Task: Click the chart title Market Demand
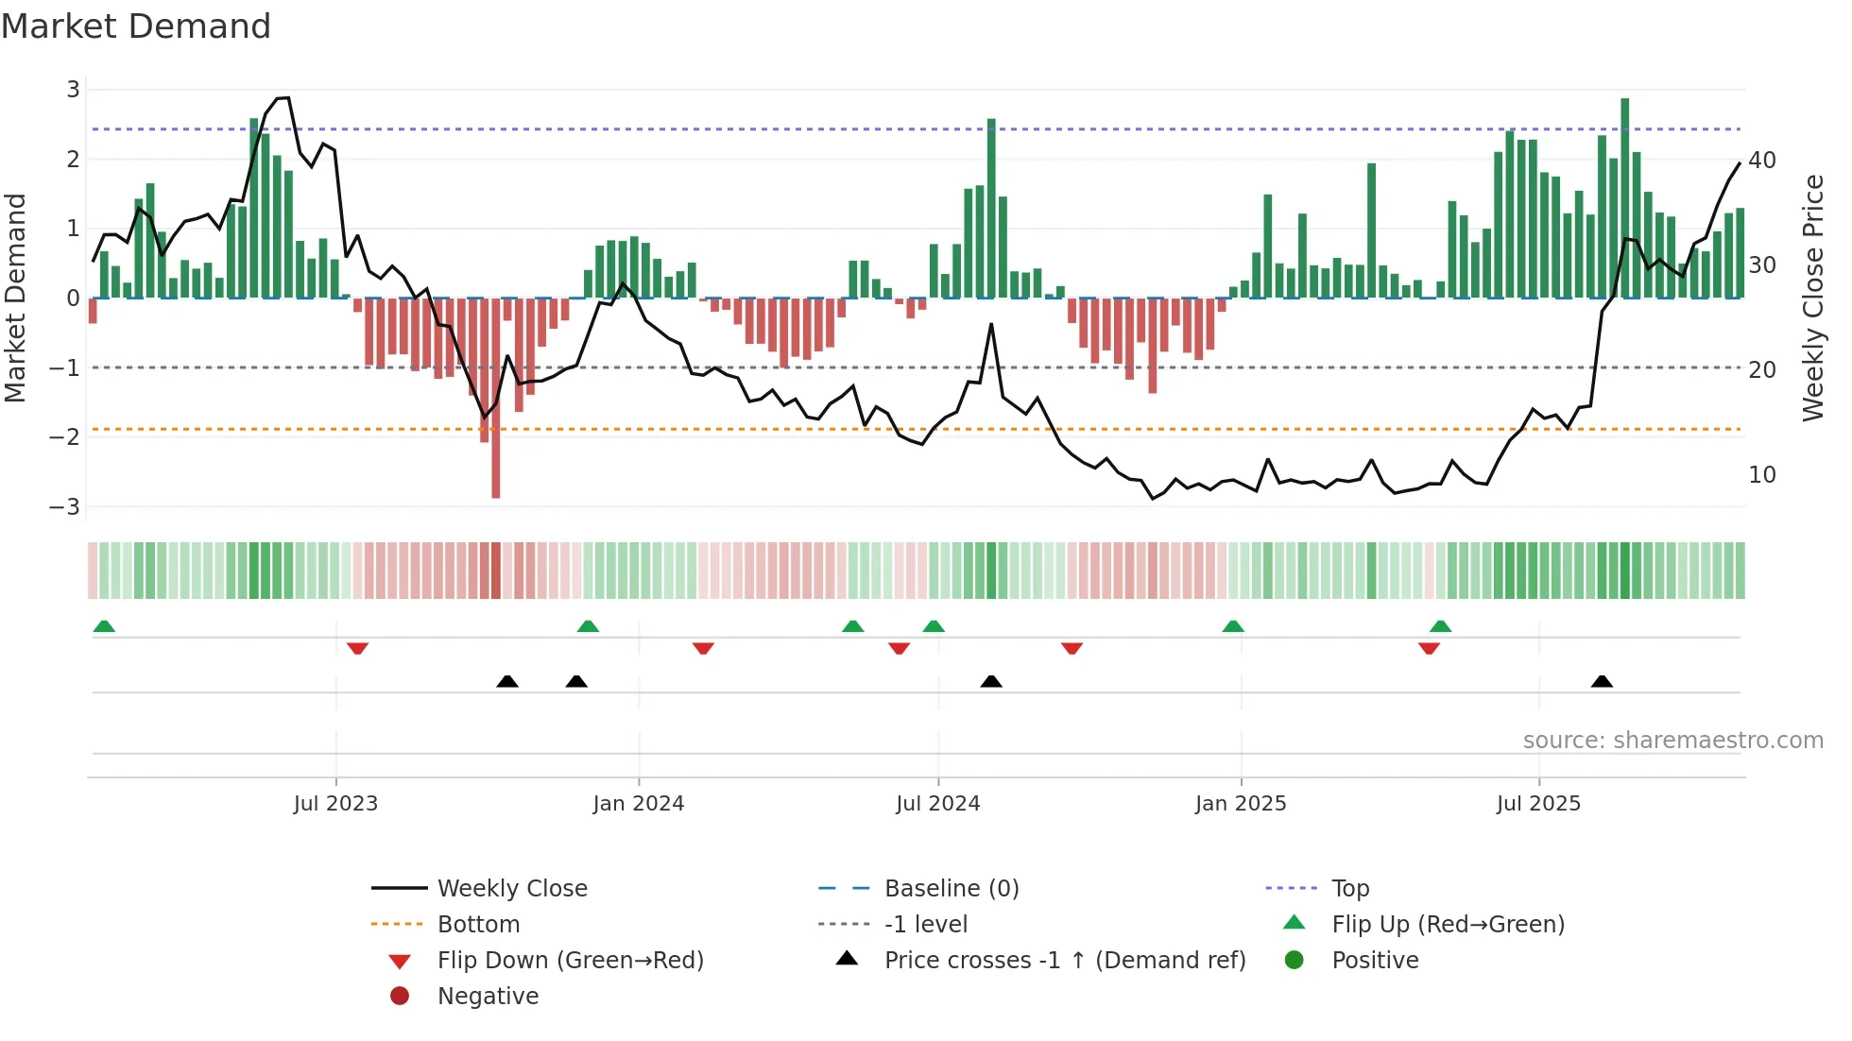click(136, 26)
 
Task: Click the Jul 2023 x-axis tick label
click(335, 804)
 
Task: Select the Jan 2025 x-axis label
click(1241, 804)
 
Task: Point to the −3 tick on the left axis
click(65, 507)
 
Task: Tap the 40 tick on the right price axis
click(1762, 161)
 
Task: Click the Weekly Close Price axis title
click(1812, 298)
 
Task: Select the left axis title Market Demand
click(15, 298)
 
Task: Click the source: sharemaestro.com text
click(1672, 741)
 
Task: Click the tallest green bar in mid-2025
click(1625, 198)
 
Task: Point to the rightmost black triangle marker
click(1602, 681)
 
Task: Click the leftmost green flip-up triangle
click(104, 626)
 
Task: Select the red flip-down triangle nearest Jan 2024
click(703, 648)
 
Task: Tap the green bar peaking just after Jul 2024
click(991, 208)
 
